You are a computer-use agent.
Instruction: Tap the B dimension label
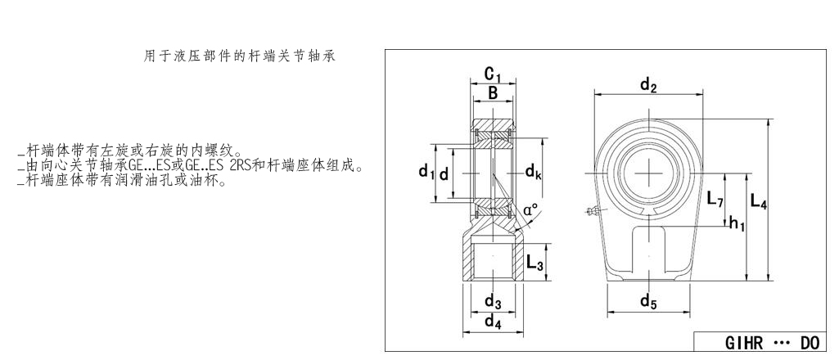(x=493, y=94)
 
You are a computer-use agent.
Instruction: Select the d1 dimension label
(x=425, y=172)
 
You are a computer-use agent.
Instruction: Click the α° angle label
(x=530, y=211)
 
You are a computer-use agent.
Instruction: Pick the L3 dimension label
(x=535, y=263)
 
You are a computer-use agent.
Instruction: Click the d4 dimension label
(x=492, y=322)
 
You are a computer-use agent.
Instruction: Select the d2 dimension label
(x=648, y=84)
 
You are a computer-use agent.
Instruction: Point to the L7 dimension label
(x=715, y=199)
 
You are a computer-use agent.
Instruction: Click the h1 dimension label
(x=737, y=223)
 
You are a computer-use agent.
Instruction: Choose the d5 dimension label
(x=648, y=303)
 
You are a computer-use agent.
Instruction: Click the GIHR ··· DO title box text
(x=760, y=343)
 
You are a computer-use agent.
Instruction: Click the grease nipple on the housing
(x=593, y=213)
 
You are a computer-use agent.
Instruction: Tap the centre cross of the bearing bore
(x=649, y=173)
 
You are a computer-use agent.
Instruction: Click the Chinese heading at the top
(x=239, y=56)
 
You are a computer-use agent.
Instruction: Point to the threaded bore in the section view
(x=493, y=262)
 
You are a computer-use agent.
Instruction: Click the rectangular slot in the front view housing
(x=649, y=250)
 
